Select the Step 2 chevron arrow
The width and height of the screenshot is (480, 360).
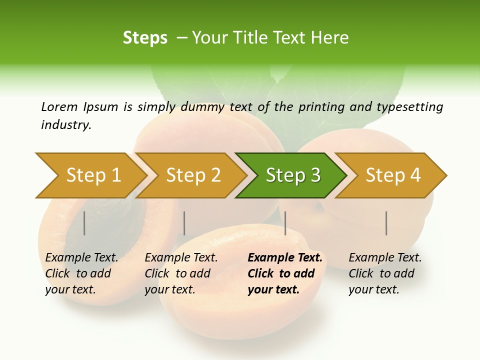(x=193, y=175)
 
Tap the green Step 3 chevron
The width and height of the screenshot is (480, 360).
(x=292, y=175)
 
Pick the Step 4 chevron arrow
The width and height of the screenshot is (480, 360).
(x=392, y=175)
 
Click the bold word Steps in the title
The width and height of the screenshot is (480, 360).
(x=145, y=38)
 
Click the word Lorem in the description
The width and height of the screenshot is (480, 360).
(x=59, y=106)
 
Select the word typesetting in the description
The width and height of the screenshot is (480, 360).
(x=413, y=107)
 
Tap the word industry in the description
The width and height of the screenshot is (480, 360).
(x=65, y=124)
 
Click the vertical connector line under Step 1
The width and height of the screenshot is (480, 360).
(x=84, y=223)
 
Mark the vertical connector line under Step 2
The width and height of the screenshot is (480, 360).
(x=184, y=223)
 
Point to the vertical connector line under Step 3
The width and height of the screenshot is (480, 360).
(x=285, y=223)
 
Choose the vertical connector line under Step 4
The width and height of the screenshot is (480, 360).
(x=386, y=223)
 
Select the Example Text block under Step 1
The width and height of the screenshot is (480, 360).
(x=81, y=273)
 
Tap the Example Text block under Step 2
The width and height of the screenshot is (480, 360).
(x=181, y=273)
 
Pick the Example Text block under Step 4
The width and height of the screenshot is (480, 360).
(x=385, y=273)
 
